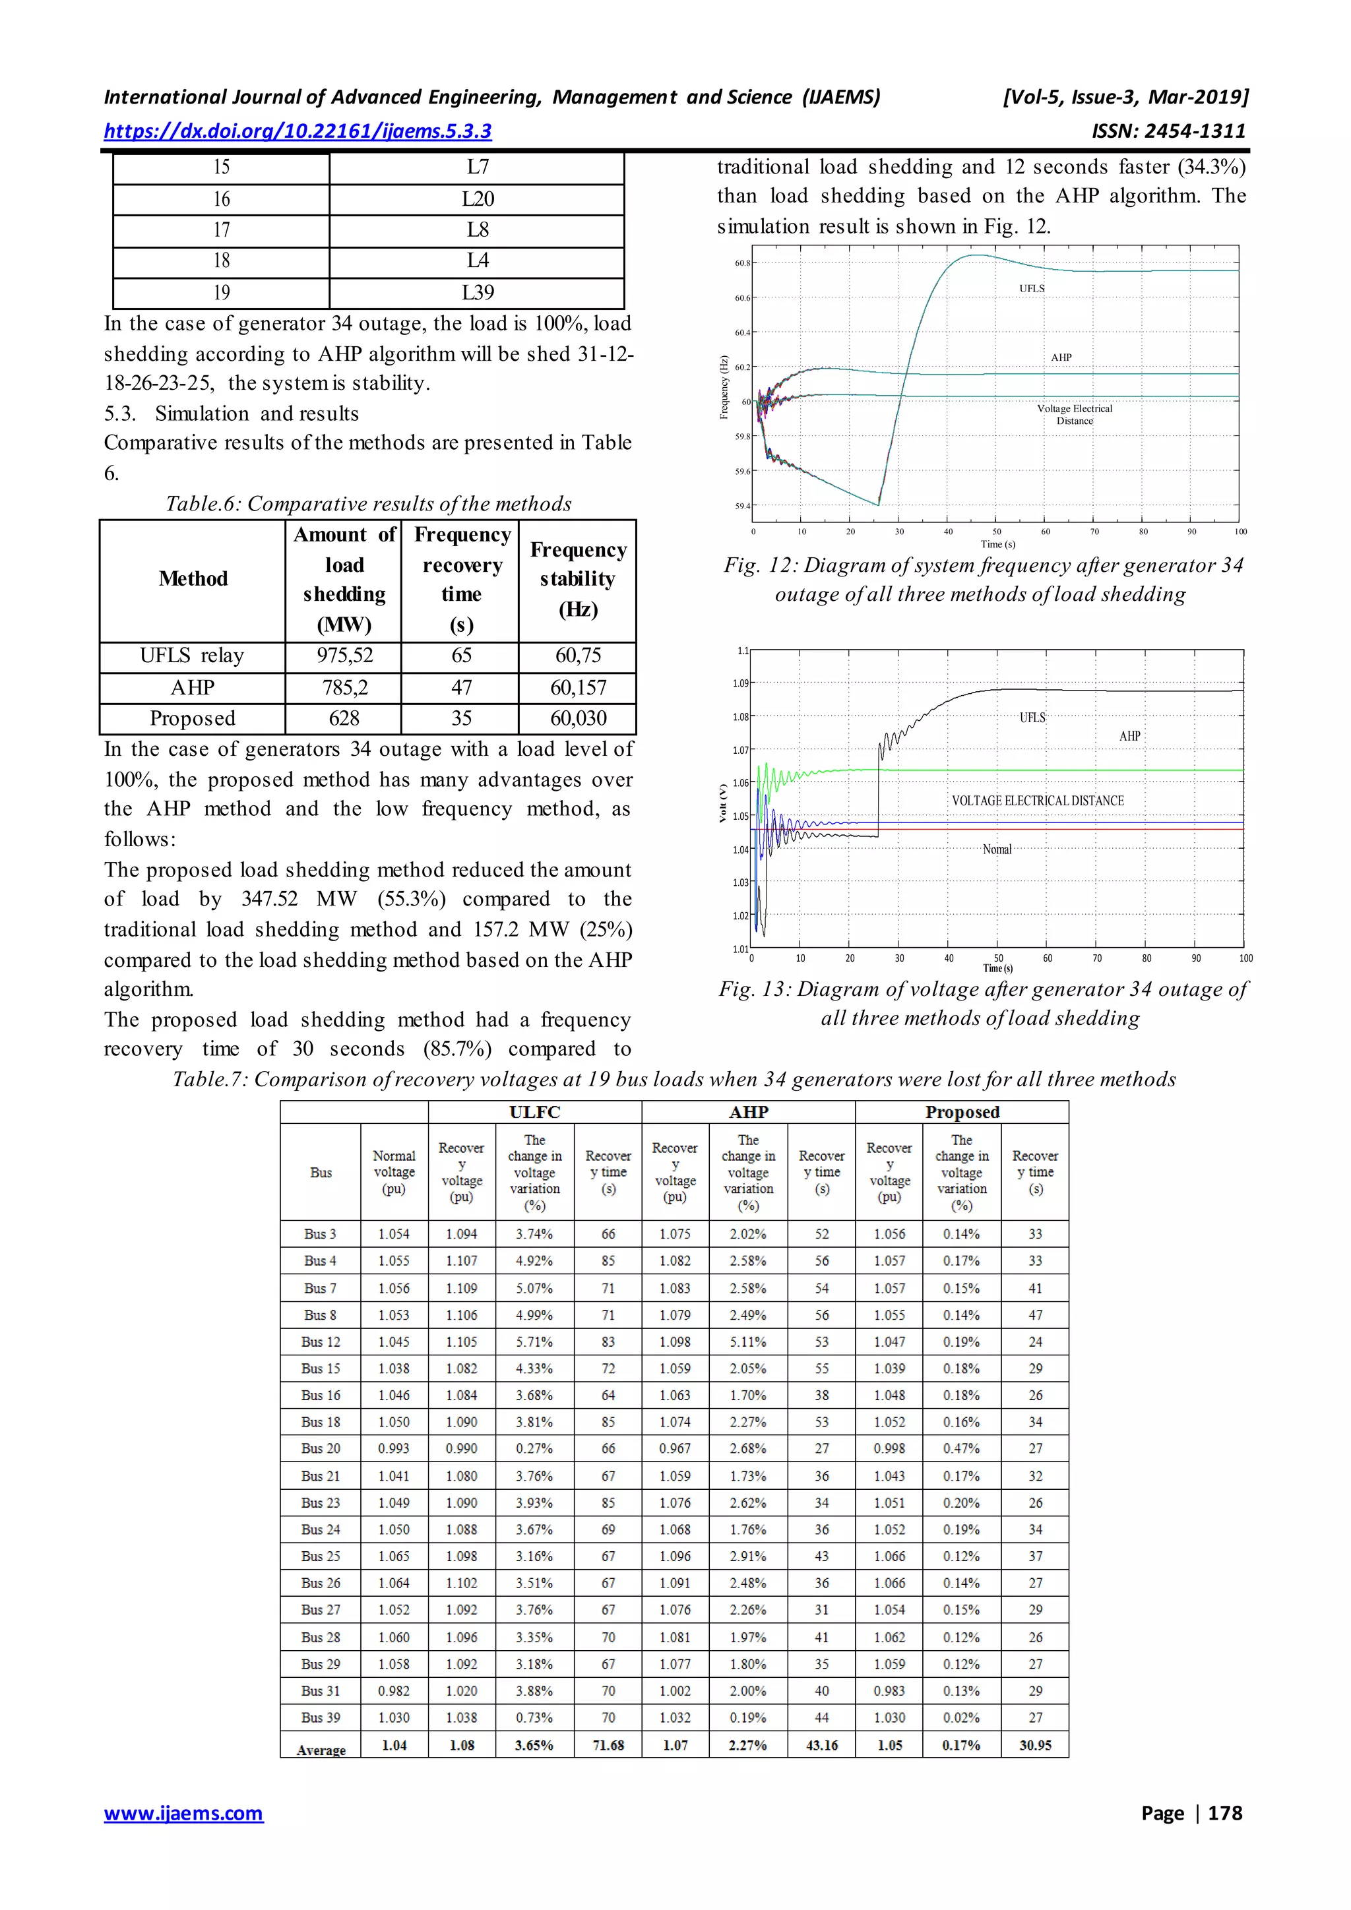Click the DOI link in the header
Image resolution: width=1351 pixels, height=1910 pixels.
click(297, 131)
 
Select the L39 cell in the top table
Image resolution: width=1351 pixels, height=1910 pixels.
click(478, 293)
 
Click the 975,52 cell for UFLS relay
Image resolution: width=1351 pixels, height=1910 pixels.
click(344, 656)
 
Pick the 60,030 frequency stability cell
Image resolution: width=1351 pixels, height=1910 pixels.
click(578, 718)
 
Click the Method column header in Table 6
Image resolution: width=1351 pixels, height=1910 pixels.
click(193, 579)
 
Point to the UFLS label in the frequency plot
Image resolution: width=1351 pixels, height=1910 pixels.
click(1032, 289)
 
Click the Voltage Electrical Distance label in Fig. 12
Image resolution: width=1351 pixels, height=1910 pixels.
click(1074, 414)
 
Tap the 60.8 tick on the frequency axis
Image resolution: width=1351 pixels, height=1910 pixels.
click(742, 263)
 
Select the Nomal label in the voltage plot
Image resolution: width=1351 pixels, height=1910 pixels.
click(997, 849)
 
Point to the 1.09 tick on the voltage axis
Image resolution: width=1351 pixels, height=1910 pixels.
click(740, 683)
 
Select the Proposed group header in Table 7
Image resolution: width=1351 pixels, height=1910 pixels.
click(962, 1112)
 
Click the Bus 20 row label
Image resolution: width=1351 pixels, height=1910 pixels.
click(321, 1448)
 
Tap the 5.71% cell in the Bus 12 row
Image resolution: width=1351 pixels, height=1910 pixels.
click(534, 1342)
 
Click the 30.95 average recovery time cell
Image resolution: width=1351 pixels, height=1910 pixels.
click(1035, 1745)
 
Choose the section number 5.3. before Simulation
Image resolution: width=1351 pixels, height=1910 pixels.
click(120, 414)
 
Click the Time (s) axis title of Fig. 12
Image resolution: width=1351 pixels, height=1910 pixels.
click(997, 544)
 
